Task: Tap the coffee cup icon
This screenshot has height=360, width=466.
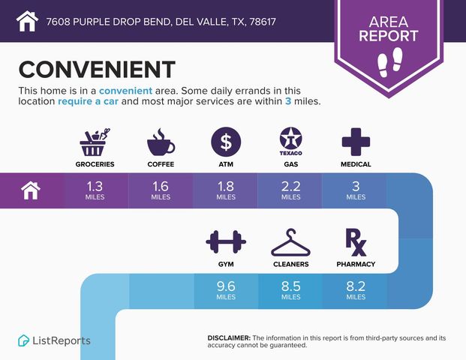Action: pyautogui.click(x=161, y=141)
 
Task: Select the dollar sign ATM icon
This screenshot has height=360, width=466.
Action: pyautogui.click(x=226, y=141)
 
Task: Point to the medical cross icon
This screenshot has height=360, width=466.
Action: pyautogui.click(x=356, y=141)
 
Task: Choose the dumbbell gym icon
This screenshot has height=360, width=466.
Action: pyautogui.click(x=226, y=242)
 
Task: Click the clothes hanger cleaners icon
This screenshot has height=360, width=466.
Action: pyautogui.click(x=290, y=242)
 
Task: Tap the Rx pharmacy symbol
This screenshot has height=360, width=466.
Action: pyautogui.click(x=355, y=241)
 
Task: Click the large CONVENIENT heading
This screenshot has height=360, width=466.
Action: pyautogui.click(x=97, y=69)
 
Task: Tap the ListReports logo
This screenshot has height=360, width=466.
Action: pyautogui.click(x=54, y=340)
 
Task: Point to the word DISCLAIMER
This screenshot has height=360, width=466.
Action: pyautogui.click(x=229, y=338)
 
